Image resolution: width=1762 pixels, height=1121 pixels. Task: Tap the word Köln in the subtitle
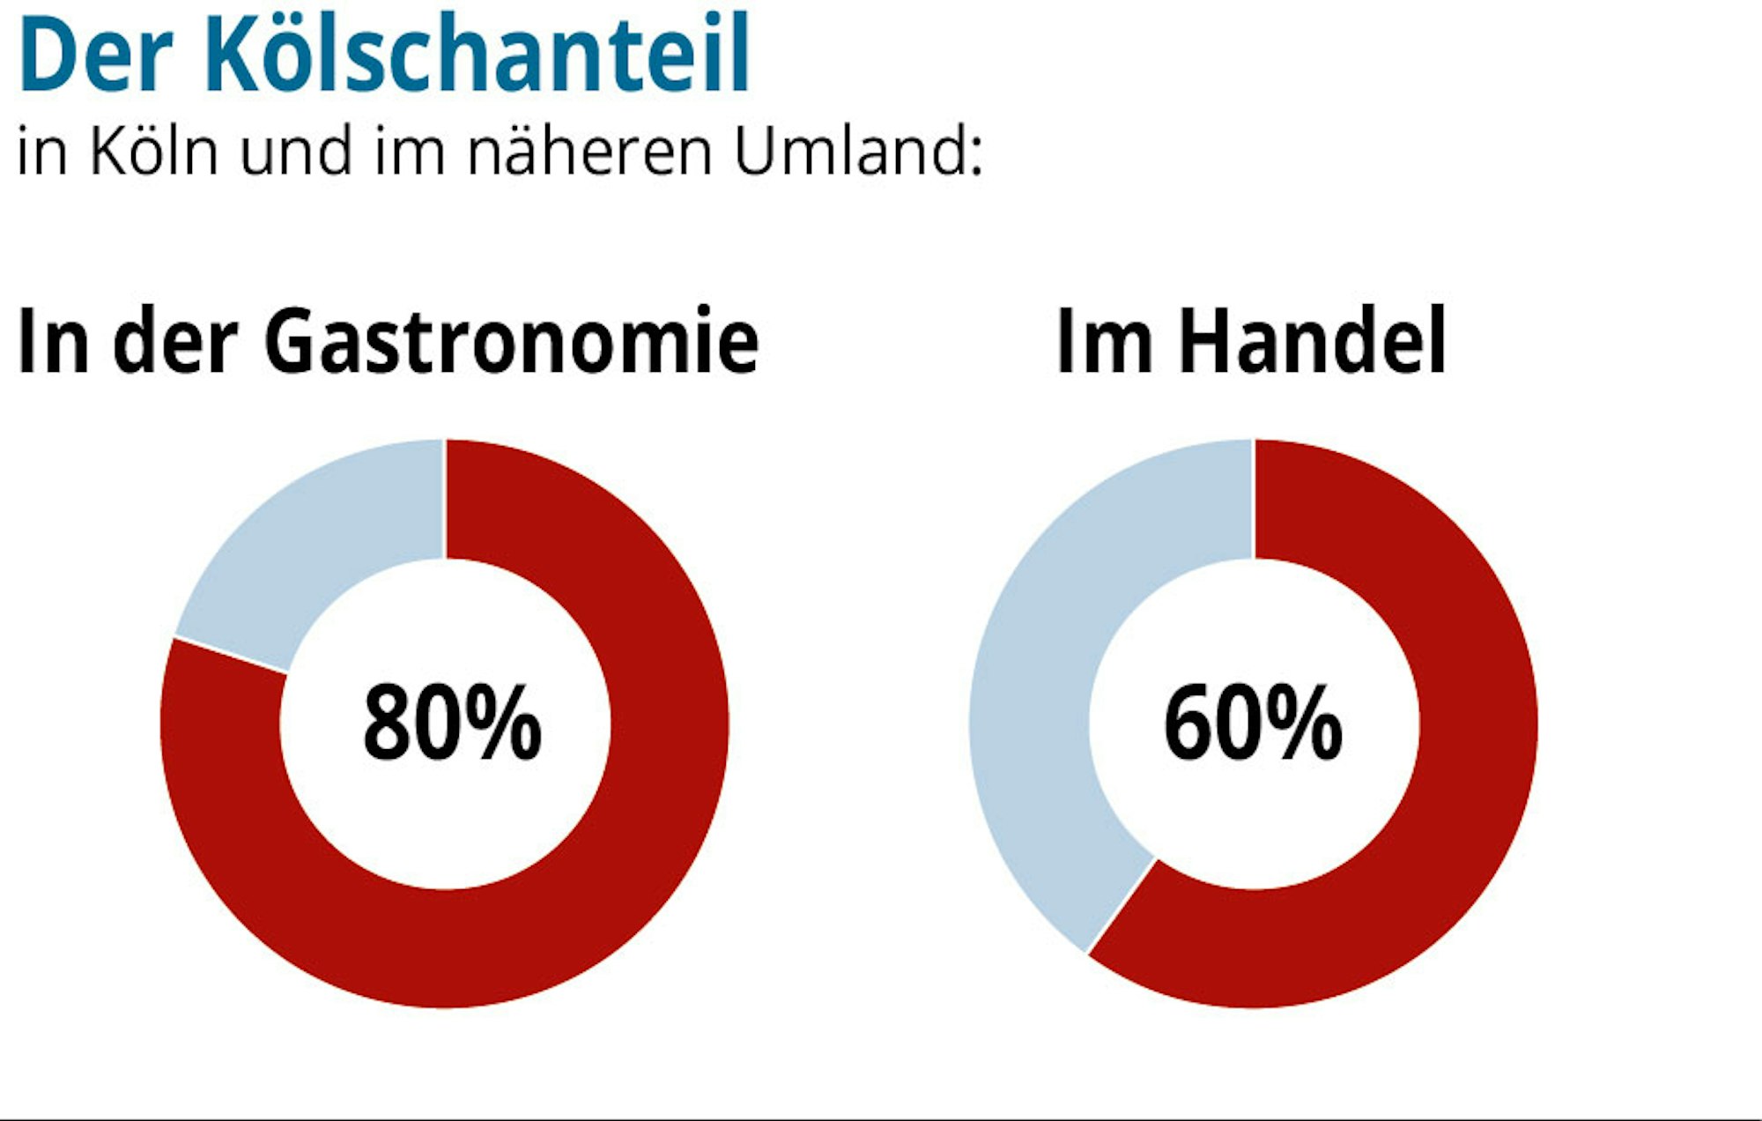tap(153, 152)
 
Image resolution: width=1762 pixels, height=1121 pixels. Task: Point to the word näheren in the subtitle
tap(589, 152)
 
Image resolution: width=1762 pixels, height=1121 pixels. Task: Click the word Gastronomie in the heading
tap(511, 341)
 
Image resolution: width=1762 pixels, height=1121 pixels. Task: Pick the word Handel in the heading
tap(1313, 341)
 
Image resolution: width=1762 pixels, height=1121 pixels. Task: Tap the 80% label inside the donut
tap(452, 723)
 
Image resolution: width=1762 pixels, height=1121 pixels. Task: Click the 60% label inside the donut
tap(1253, 723)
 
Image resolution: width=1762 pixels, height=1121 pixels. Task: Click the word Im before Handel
tap(1104, 341)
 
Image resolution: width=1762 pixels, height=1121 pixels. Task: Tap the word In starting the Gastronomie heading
tap(53, 341)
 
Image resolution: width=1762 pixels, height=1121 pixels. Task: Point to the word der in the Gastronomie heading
tap(175, 341)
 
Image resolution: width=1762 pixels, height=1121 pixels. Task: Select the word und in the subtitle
tap(295, 152)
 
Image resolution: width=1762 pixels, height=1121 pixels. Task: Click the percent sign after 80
tap(503, 723)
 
